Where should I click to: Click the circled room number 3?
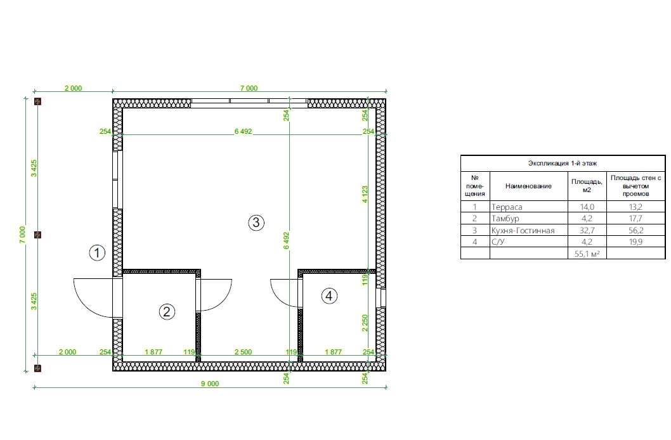[256, 223]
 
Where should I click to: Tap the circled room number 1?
[97, 253]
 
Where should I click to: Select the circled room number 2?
[167, 312]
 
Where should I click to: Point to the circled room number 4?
[329, 295]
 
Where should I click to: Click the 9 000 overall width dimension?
[210, 384]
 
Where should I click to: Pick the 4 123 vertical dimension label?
[365, 194]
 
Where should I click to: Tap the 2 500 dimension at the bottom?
[243, 352]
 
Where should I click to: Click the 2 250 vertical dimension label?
[365, 323]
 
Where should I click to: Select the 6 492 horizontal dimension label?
[243, 132]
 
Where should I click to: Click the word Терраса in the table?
[507, 207]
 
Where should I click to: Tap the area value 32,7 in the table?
[587, 231]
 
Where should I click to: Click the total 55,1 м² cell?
[587, 254]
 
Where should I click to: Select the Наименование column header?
[528, 186]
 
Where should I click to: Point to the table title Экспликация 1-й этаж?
[563, 163]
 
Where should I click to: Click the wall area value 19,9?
[636, 242]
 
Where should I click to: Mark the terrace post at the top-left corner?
[37, 101]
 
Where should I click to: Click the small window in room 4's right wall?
[381, 297]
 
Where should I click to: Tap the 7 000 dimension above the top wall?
[249, 88]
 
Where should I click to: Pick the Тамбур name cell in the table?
[505, 219]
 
